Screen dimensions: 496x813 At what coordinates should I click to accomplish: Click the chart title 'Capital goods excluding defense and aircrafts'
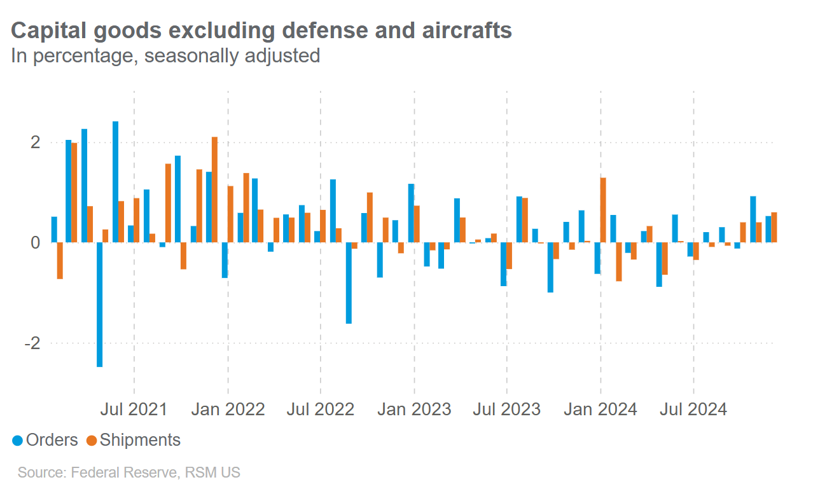pos(261,31)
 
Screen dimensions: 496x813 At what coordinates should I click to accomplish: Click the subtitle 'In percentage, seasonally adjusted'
pos(165,56)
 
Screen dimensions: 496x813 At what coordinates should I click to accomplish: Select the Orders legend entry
pos(45,440)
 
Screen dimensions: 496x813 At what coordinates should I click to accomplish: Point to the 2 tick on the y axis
pos(36,142)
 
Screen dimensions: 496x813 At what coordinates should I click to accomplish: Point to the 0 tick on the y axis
pos(36,242)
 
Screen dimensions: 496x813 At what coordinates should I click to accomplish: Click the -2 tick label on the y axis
pos(32,343)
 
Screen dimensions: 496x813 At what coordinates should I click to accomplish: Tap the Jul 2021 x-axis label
pos(134,409)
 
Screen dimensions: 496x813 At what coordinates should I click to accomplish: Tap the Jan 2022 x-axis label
pos(227,409)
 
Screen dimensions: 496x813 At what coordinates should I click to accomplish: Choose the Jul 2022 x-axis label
pos(320,409)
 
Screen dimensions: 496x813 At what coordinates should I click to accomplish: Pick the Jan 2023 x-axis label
pos(414,409)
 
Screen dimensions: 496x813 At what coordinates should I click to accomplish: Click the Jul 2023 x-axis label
pos(507,409)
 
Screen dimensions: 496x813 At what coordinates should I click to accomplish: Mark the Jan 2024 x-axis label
pos(601,409)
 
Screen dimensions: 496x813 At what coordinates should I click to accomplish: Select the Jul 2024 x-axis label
pos(693,409)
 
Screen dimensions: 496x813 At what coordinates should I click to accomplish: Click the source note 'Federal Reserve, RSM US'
pos(129,473)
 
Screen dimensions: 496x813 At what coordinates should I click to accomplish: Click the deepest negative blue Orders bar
pos(99,305)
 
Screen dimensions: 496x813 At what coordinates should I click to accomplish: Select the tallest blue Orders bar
pos(115,182)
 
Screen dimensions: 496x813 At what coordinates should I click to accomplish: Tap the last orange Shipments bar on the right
pos(774,228)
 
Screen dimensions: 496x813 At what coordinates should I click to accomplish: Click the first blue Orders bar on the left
pos(54,230)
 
